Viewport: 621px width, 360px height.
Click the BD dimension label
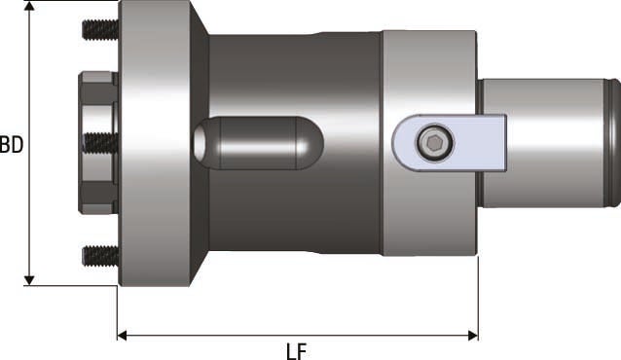pyautogui.click(x=12, y=146)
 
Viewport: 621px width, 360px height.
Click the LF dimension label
pyautogui.click(x=298, y=349)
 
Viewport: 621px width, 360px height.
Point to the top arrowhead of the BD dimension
pyautogui.click(x=30, y=8)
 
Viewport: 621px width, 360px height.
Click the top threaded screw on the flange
pyautogui.click(x=99, y=29)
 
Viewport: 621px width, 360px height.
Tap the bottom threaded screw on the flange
pyautogui.click(x=99, y=256)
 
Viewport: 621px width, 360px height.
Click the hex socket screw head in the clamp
pyautogui.click(x=433, y=144)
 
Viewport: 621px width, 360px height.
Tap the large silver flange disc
pyautogui.click(x=156, y=143)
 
